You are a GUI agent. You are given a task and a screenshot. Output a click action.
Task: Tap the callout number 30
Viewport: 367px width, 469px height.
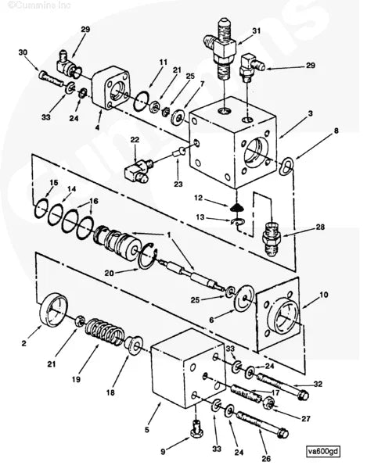click(23, 52)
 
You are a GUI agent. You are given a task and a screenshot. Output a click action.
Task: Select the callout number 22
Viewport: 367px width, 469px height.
click(135, 141)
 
